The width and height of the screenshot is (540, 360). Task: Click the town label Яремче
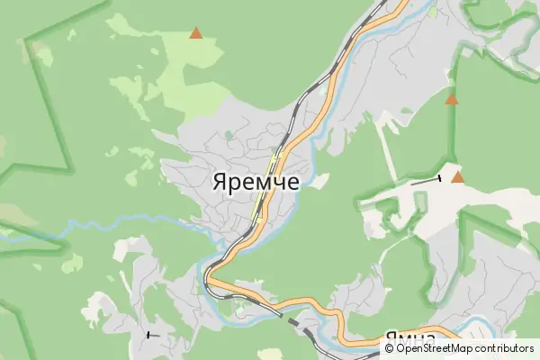pos(256,180)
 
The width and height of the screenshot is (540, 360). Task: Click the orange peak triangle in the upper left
pos(195,33)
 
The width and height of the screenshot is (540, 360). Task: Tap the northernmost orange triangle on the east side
pos(452,99)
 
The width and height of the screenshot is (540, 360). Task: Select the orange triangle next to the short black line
pos(458,177)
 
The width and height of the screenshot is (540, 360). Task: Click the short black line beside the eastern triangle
pos(426,181)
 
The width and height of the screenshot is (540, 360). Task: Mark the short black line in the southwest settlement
pos(152,335)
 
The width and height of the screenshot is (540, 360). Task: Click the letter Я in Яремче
pos(219,180)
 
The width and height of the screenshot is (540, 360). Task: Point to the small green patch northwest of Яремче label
pos(228,136)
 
